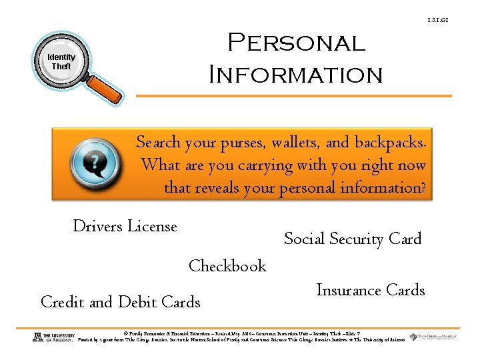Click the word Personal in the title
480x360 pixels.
[297, 43]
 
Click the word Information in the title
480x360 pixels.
[296, 73]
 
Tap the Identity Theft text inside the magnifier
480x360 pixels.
[61, 62]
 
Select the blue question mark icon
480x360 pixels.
[95, 163]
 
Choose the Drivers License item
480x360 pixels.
[125, 227]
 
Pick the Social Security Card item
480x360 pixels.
[353, 239]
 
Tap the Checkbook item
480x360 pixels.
[227, 266]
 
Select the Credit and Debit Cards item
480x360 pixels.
[121, 302]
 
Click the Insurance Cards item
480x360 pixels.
[370, 290]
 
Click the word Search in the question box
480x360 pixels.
[158, 142]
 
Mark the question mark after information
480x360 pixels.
[421, 187]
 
